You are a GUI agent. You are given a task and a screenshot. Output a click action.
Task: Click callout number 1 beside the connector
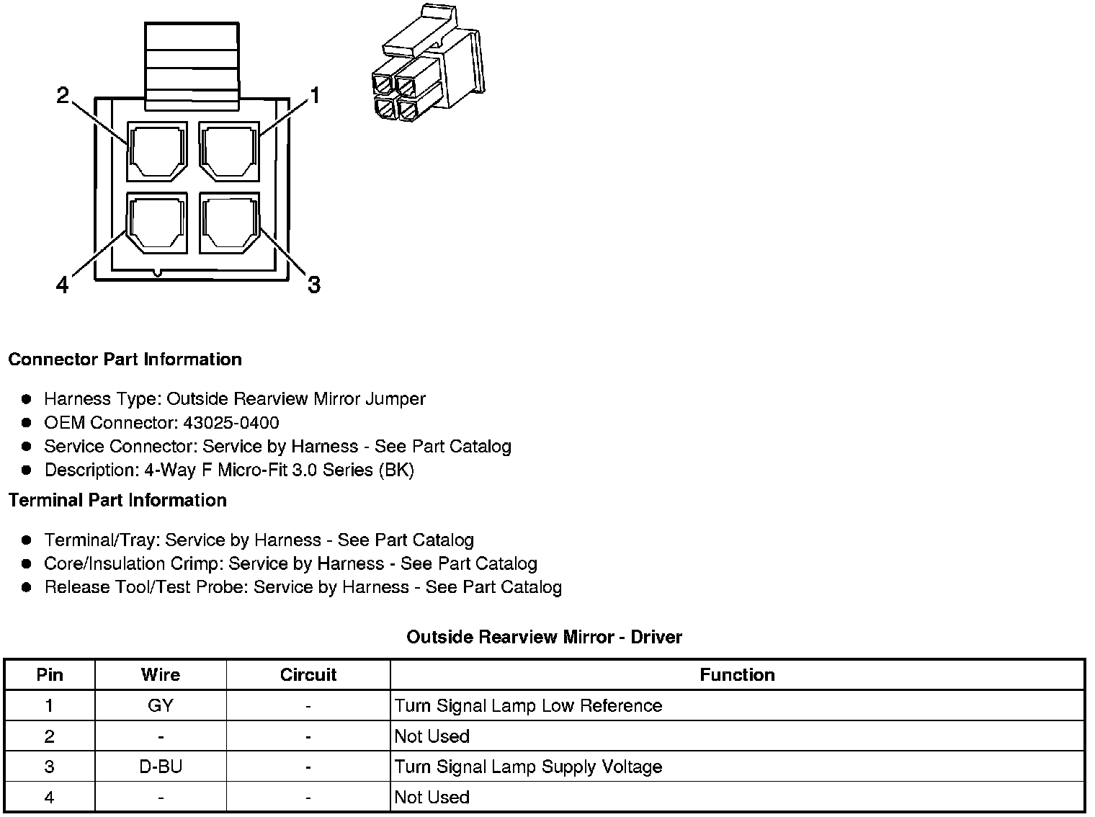314,96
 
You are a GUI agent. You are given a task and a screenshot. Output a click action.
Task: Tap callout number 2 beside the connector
63,96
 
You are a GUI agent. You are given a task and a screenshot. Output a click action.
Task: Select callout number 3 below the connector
314,285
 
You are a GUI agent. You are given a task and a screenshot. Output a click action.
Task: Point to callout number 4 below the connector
63,286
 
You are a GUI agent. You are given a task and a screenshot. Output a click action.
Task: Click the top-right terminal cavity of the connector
229,152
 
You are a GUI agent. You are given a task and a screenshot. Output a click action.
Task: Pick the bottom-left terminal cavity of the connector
157,223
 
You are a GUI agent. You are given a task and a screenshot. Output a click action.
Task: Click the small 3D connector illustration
427,64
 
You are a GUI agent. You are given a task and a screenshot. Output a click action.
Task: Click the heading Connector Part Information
125,360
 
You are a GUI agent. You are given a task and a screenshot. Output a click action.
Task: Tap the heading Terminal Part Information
117,500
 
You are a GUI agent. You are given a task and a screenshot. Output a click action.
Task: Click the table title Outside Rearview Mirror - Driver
544,637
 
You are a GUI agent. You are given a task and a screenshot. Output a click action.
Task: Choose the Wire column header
161,675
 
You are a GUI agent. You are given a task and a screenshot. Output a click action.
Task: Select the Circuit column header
308,675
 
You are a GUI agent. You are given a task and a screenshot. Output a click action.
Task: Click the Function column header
737,675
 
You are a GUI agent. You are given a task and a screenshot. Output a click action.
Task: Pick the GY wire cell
161,706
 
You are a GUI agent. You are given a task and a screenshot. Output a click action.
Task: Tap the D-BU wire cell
161,767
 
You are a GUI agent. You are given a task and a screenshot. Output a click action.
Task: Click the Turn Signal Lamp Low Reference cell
528,706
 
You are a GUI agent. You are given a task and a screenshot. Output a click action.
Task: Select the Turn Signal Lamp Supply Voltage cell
528,767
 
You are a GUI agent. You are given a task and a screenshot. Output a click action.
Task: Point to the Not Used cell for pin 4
432,798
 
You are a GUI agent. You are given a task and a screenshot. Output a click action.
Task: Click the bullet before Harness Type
27,399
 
